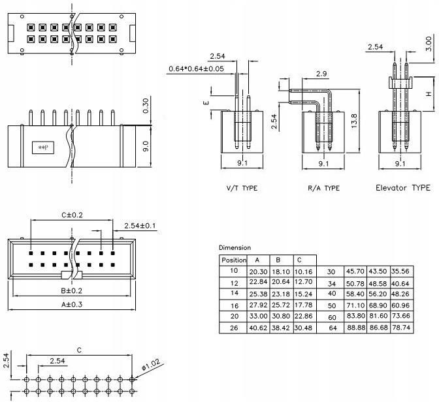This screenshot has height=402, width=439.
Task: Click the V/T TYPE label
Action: point(242,188)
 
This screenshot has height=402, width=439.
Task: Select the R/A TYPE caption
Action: point(323,188)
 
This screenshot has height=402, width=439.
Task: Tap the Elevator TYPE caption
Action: point(402,188)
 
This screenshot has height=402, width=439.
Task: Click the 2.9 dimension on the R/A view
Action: point(321,74)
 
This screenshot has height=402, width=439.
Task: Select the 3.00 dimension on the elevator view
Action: point(429,44)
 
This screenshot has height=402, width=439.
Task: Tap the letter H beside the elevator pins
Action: point(429,94)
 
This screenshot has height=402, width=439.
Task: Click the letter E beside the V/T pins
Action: point(206,103)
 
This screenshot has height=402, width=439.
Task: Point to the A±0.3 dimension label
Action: point(71,304)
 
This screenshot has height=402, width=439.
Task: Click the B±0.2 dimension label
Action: point(71,290)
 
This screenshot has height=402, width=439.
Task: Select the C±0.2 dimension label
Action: point(73,214)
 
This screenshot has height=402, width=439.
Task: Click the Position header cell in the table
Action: point(233,260)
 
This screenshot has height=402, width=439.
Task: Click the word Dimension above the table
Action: point(235,247)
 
